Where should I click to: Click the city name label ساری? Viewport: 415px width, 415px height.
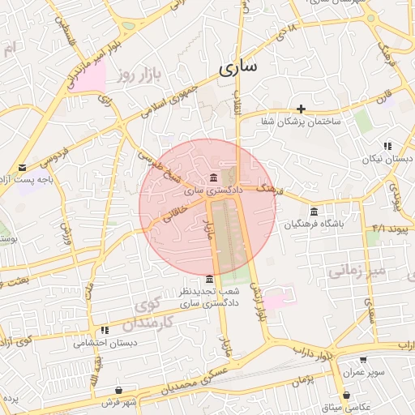click(x=237, y=67)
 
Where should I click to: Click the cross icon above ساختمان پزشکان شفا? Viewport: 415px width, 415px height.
click(x=302, y=109)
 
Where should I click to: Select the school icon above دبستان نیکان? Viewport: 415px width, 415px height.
click(x=387, y=146)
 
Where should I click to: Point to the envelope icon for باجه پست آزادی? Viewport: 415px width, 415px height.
click(x=22, y=167)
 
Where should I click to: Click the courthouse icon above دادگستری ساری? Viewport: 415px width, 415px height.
click(x=213, y=178)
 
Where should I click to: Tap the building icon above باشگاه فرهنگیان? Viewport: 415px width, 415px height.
click(x=314, y=212)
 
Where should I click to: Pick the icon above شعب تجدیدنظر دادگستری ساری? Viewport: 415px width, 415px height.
click(x=210, y=279)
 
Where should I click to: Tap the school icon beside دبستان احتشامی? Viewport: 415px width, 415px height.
click(x=105, y=331)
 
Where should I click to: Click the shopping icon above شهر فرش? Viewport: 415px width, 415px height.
click(x=119, y=391)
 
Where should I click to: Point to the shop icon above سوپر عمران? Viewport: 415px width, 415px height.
click(x=362, y=359)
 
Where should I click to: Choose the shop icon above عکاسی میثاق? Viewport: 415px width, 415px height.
click(x=348, y=395)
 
